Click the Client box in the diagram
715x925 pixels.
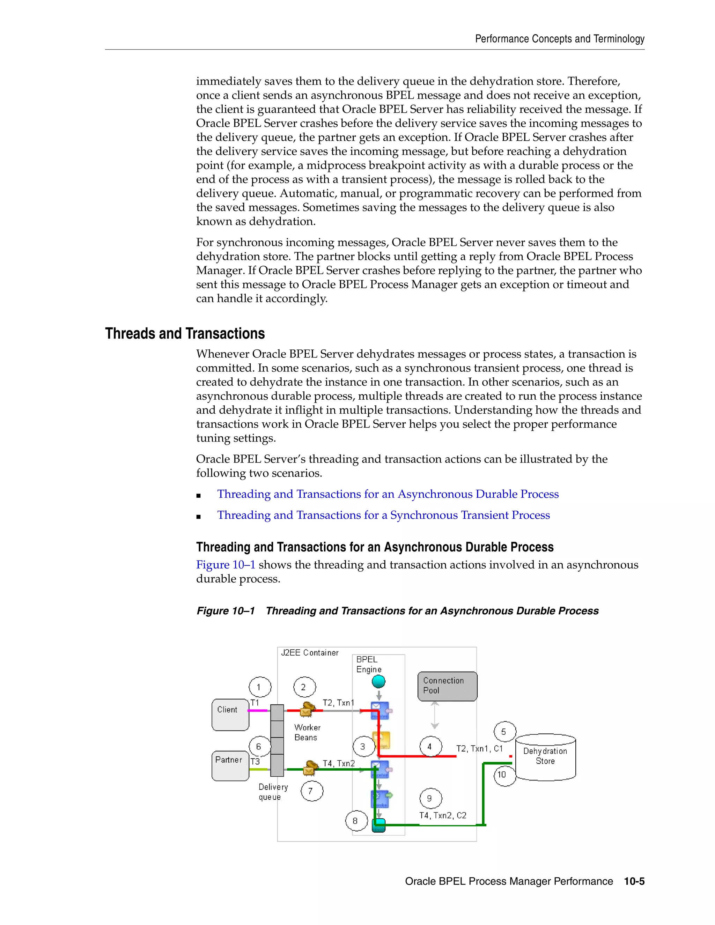(230, 715)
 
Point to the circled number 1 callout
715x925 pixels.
(260, 687)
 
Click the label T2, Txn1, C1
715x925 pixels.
(479, 749)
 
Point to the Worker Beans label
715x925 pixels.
(307, 732)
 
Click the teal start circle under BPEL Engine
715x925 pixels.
(378, 681)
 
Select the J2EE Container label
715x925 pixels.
(310, 653)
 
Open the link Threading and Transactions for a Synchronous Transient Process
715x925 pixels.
(383, 515)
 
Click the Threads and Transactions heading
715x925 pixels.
(185, 333)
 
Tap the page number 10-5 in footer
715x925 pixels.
(634, 881)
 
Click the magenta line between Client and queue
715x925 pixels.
(259, 711)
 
